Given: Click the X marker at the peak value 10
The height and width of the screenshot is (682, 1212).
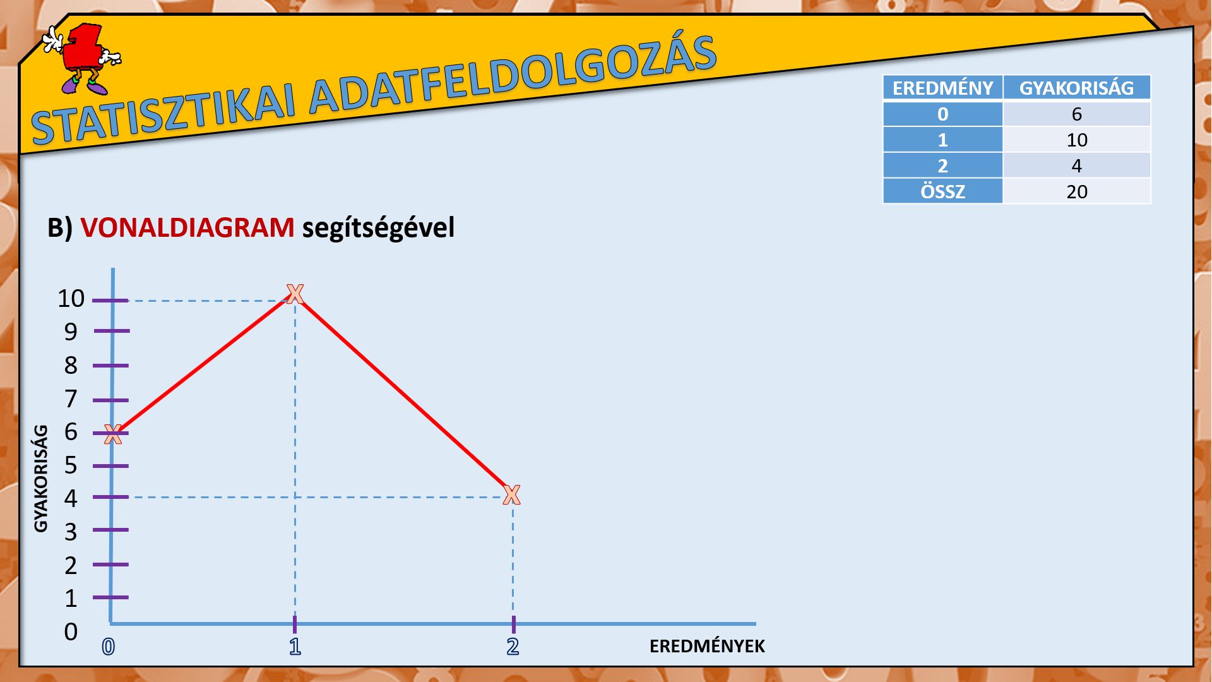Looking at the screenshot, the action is (295, 294).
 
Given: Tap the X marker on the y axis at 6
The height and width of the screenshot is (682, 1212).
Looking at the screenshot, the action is (113, 434).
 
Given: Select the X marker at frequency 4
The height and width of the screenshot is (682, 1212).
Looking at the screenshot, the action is (512, 495).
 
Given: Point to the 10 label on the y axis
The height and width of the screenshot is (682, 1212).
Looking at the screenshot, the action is (71, 299).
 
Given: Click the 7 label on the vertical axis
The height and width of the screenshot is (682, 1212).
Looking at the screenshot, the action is (71, 399).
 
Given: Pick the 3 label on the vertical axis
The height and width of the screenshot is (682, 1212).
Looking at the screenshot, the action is (71, 532).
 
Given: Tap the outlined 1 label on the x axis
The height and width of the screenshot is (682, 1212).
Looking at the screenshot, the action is (295, 647).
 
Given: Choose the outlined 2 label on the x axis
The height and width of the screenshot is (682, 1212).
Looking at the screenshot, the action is (513, 647).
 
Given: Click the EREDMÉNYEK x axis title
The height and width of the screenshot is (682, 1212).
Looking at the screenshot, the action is (707, 647).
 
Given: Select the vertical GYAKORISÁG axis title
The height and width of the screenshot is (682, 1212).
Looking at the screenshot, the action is (40, 479).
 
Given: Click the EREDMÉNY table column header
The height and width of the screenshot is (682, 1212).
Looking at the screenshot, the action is (943, 88).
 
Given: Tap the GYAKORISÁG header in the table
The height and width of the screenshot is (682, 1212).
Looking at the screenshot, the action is (1077, 88).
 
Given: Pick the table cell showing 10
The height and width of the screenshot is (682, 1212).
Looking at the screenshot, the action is (1077, 140).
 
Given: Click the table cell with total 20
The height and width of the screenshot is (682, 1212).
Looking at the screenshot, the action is (1077, 191).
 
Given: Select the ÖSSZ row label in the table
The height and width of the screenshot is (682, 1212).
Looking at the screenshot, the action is (943, 191).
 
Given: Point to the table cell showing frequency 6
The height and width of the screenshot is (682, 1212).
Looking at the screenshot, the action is (1077, 114).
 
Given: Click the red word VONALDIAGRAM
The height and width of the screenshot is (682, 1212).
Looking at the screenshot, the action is (187, 227).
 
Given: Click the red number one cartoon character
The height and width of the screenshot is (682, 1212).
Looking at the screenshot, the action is (82, 59).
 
